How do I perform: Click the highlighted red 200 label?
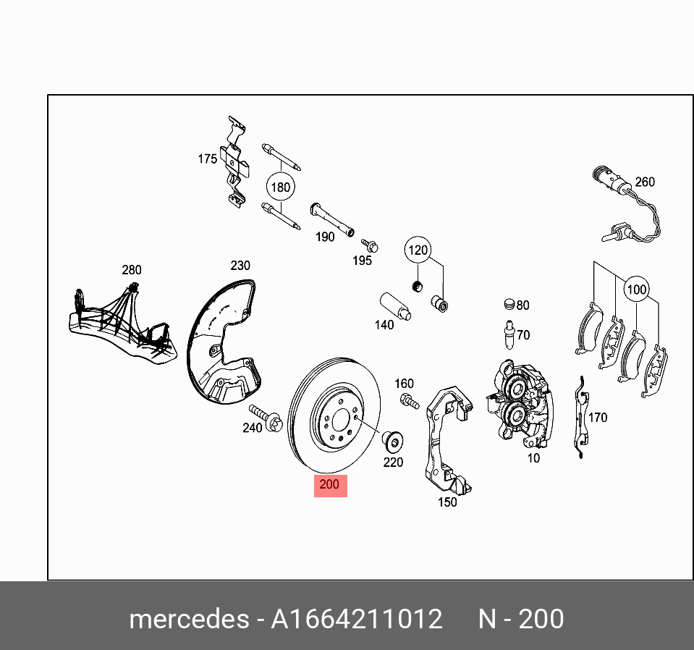pos(330,486)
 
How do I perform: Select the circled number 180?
pos(280,187)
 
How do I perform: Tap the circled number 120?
pos(418,251)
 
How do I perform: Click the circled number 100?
pos(636,290)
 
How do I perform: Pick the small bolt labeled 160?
pos(409,400)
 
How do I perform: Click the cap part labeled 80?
pos(508,304)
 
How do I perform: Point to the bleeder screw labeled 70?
pos(509,335)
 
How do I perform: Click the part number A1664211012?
pos(356,620)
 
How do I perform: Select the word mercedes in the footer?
pos(187,620)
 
